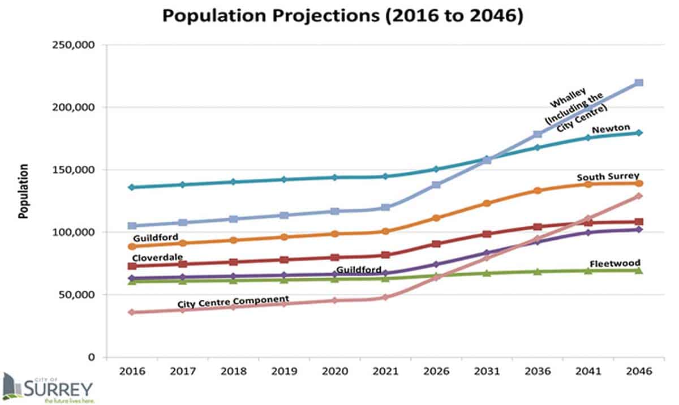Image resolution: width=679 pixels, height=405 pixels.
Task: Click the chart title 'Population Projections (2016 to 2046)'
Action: [342, 16]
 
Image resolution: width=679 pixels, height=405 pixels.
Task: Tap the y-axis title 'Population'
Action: [24, 192]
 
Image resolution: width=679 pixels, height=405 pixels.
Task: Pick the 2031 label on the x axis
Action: [487, 371]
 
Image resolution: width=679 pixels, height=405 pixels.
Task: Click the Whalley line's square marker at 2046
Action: [639, 83]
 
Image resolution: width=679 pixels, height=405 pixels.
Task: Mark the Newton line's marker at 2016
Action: [131, 187]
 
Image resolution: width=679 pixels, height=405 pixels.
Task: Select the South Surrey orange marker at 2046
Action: [639, 183]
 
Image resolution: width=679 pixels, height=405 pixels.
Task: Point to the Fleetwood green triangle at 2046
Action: [639, 270]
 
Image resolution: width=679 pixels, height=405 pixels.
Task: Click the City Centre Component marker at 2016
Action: [131, 312]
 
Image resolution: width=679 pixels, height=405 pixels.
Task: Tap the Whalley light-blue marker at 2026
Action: [436, 185]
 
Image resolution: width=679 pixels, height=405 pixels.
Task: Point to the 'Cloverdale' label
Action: [157, 257]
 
